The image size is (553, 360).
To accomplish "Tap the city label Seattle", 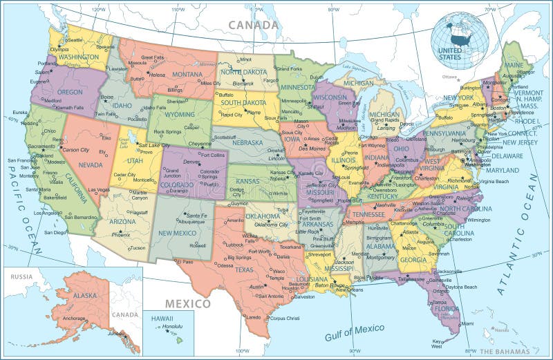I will point(75,39).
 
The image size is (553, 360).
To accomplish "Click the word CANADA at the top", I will point(254,25).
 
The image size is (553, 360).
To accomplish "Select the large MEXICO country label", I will point(187,303).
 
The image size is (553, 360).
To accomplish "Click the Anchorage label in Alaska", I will point(75,319).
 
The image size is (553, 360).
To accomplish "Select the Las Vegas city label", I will point(99,189).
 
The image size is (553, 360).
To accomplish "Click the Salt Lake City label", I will point(153,145).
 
